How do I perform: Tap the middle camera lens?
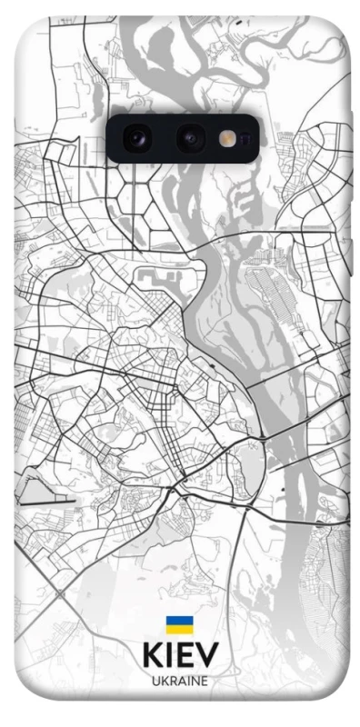(191, 138)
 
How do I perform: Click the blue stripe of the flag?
(178, 619)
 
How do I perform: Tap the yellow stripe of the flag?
(178, 628)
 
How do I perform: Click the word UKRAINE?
(179, 680)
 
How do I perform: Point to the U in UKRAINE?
(154, 680)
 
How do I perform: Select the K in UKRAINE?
(163, 680)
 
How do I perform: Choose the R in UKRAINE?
(171, 680)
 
